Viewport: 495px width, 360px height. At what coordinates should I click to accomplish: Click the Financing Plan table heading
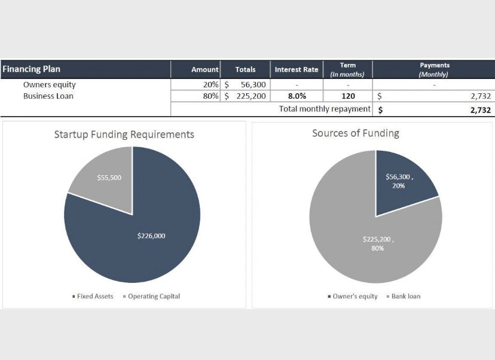tap(32, 69)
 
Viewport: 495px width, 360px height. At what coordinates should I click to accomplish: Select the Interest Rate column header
tap(297, 69)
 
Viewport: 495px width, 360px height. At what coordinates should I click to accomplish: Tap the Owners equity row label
tap(50, 85)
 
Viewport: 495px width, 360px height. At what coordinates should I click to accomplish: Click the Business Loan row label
tap(48, 96)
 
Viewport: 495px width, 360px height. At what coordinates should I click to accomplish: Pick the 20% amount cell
tap(210, 85)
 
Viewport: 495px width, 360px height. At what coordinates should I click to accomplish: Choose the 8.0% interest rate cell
tap(297, 96)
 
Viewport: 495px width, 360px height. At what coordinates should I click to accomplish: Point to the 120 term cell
tap(348, 96)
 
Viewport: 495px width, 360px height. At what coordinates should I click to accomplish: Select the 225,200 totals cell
tap(250, 96)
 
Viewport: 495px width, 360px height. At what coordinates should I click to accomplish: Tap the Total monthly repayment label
tap(324, 109)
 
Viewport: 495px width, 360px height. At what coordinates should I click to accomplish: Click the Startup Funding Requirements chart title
tap(124, 135)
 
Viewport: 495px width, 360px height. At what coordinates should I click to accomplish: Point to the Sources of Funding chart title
tap(356, 133)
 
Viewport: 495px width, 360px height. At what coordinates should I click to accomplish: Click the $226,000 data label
tap(151, 236)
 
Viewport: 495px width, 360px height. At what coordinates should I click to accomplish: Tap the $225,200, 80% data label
tap(378, 243)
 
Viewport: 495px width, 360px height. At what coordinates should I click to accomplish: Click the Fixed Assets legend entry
tap(93, 296)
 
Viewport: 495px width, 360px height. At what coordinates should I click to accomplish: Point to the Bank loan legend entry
tap(404, 296)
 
